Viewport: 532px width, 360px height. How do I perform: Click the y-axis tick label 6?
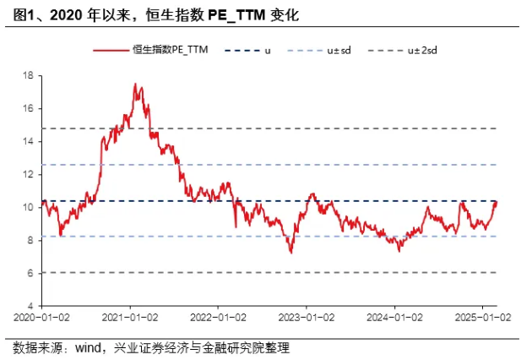click(30, 273)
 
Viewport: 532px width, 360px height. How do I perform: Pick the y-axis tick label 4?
click(30, 306)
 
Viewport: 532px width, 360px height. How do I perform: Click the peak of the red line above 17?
click(135, 85)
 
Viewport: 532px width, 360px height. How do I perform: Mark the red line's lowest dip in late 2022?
click(291, 252)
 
